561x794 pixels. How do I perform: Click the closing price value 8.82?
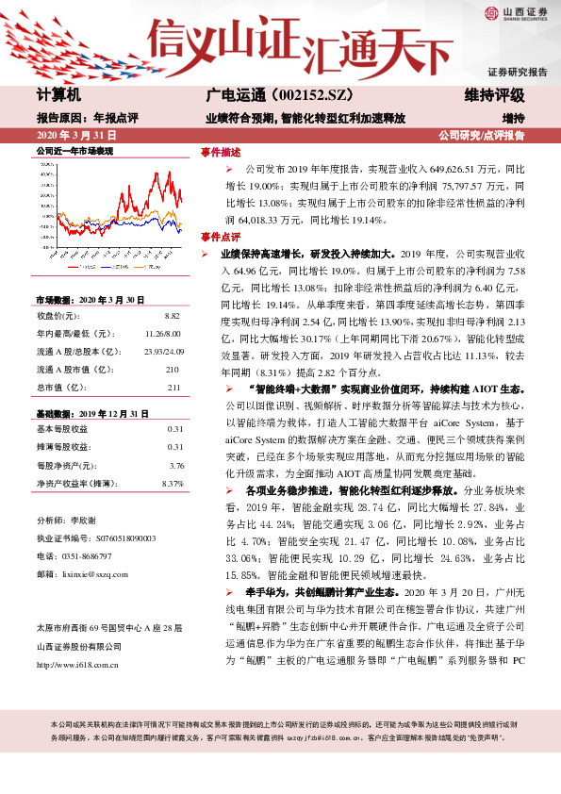(172, 316)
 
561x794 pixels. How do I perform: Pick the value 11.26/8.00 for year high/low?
(162, 334)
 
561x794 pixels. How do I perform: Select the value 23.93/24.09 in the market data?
(161, 352)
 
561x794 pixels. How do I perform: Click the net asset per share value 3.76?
(175, 465)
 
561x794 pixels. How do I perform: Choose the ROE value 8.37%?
(173, 484)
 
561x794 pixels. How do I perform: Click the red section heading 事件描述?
(220, 152)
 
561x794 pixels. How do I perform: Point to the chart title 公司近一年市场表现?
(74, 151)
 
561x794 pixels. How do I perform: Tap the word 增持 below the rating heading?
(513, 118)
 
